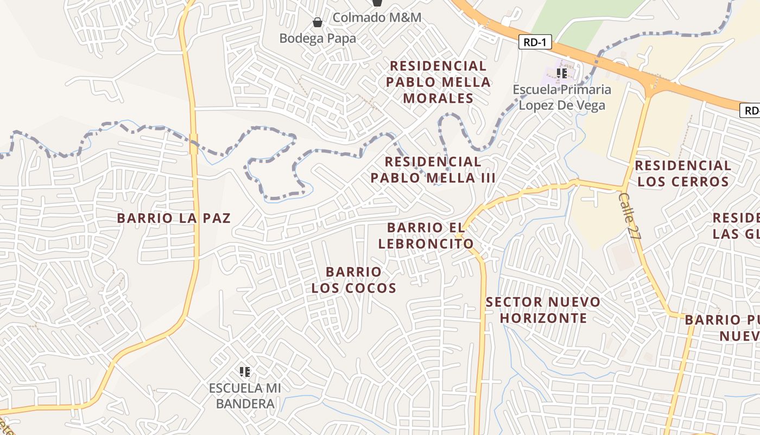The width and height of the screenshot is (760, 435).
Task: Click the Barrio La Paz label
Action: coord(174,219)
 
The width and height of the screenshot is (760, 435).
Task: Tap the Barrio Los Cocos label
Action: coord(353,279)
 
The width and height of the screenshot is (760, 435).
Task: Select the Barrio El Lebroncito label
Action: coord(426,235)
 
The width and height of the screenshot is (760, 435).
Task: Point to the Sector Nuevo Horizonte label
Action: coord(543,310)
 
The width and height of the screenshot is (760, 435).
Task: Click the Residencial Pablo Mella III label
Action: coord(433,170)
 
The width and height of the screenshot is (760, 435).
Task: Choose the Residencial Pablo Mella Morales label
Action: coord(438,82)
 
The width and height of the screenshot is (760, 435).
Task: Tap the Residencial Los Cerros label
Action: coord(683,173)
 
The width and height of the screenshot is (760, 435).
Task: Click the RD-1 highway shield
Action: coord(535,42)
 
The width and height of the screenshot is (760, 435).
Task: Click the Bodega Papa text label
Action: coord(318,39)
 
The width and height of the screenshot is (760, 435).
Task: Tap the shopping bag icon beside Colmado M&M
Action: coord(377,2)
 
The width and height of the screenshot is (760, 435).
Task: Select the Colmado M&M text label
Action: coord(377,17)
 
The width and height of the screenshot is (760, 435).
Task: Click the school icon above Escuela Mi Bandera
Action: coord(245,372)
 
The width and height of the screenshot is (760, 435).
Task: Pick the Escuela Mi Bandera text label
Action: coord(245,396)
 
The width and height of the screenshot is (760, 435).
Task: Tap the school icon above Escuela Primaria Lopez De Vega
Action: coord(562,73)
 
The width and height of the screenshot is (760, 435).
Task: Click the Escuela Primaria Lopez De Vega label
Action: coord(562,97)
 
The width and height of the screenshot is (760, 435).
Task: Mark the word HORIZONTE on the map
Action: coord(543,318)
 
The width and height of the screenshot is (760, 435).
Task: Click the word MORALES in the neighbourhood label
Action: coord(439,98)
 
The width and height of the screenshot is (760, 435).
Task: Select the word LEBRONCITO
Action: coord(426,244)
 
